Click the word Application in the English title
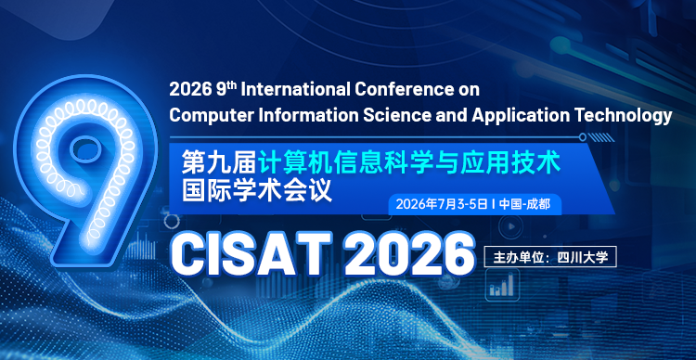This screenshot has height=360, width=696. point(522,115)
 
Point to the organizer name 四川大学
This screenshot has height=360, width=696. point(582,252)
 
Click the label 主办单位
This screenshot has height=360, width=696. point(519,252)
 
